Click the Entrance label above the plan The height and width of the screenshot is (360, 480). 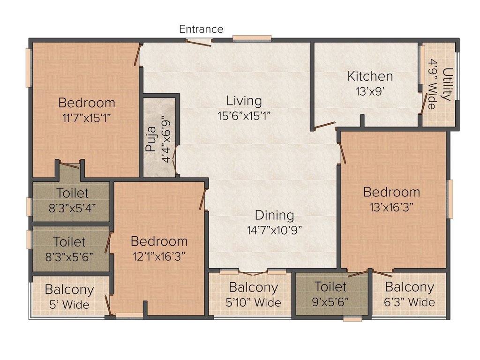[201, 29]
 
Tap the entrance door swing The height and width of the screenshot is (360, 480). [199, 43]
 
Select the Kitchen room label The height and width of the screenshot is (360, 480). [370, 76]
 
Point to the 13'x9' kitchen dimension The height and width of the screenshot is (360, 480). [370, 91]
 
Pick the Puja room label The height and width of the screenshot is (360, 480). [151, 139]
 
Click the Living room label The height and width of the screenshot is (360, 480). [244, 101]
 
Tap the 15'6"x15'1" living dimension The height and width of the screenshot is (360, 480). [244, 116]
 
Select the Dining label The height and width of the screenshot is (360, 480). [274, 215]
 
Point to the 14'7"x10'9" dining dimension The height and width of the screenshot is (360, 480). [274, 230]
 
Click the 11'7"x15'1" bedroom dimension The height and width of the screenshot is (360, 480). [86, 118]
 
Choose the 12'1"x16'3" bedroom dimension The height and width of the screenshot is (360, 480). [159, 256]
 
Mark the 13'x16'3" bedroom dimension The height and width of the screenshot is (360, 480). [391, 207]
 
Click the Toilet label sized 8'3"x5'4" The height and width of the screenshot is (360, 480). [72, 193]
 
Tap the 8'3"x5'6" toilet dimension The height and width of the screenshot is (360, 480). [69, 257]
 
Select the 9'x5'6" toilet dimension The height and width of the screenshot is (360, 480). [330, 302]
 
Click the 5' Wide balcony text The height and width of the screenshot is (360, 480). [69, 305]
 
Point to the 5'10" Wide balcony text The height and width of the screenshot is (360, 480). [254, 302]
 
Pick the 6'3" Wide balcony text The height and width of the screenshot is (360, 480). [409, 302]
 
